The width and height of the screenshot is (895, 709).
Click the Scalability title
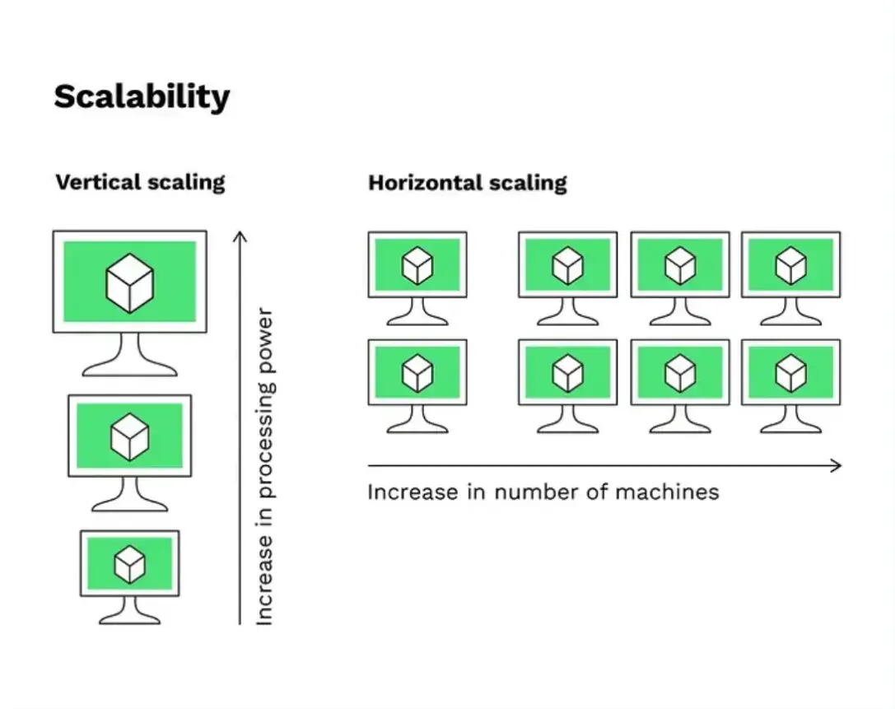pos(142,97)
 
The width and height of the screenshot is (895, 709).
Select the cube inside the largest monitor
pos(130,282)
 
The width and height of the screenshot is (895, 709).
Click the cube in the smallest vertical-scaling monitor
pos(129,565)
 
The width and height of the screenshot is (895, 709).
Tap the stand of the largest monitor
pos(129,358)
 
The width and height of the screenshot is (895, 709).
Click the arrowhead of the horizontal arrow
pos(837,465)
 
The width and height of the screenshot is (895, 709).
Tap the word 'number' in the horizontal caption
pos(533,492)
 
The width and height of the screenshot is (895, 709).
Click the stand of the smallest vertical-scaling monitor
pos(129,612)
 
